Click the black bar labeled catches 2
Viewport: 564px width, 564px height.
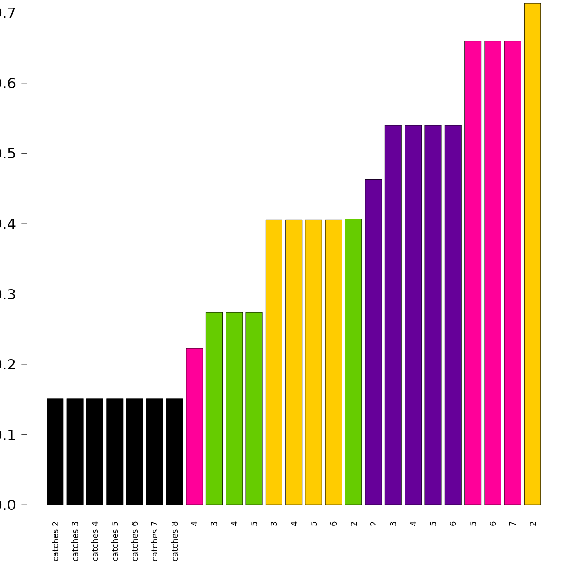click(x=55, y=451)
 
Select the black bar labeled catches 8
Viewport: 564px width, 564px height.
click(x=174, y=451)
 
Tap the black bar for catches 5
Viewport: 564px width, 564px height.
click(x=115, y=451)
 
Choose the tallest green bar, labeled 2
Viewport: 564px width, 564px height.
click(x=353, y=362)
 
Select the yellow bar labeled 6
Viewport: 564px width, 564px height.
click(x=334, y=362)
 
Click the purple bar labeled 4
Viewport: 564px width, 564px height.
click(x=413, y=315)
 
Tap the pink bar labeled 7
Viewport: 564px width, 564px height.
click(x=512, y=273)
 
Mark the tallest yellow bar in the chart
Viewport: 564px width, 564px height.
click(x=533, y=254)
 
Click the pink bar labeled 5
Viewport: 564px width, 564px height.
click(x=473, y=273)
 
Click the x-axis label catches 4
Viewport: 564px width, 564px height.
click(x=95, y=540)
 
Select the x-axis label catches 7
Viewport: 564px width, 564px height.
click(x=155, y=540)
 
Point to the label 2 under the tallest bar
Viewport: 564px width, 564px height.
click(x=533, y=523)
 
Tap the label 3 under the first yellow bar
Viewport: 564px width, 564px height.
click(x=274, y=523)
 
